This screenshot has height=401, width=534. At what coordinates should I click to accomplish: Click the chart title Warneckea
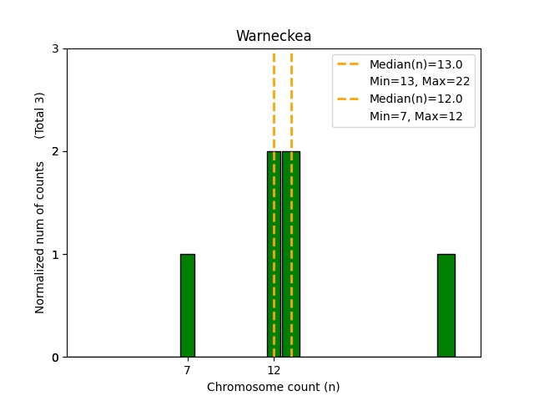point(274,37)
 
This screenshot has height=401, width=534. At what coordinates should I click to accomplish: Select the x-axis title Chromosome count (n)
point(274,387)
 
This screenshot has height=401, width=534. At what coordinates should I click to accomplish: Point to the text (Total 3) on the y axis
point(40,114)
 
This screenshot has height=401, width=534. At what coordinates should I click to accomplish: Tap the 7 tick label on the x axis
point(187,370)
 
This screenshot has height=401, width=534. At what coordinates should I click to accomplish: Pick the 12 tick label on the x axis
point(274,370)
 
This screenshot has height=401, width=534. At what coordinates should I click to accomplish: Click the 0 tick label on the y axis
point(56,358)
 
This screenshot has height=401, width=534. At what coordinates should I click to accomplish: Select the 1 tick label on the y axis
point(56,255)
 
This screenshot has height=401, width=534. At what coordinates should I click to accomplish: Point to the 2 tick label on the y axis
point(56,152)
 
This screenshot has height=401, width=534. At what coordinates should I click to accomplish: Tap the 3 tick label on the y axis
point(56,49)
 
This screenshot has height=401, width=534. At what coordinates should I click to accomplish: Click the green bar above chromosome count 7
point(188,306)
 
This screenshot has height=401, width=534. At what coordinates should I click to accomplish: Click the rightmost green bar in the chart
point(446,306)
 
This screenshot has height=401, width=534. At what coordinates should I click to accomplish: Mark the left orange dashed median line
point(274,100)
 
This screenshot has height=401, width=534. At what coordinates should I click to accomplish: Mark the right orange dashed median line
point(291,100)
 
